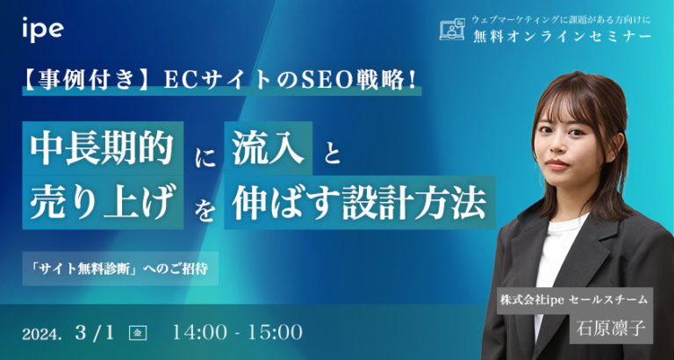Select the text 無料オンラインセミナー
pos(561,37)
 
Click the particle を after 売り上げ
pos(203,212)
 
